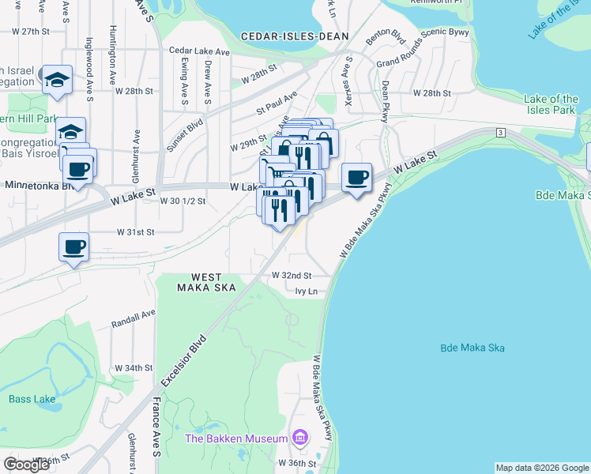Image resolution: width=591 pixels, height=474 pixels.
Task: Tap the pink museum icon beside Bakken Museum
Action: [299, 437]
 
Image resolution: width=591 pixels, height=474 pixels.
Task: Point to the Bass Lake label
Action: [32, 399]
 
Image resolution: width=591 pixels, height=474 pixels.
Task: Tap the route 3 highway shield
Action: [500, 132]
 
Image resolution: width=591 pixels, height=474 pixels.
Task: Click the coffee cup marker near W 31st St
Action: [74, 246]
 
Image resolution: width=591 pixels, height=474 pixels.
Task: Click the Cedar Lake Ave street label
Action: [199, 51]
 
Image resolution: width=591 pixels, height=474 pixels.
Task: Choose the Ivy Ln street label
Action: [306, 292]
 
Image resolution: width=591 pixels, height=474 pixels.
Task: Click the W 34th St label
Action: [133, 368]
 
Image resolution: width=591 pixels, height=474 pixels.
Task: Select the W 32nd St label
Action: [292, 276]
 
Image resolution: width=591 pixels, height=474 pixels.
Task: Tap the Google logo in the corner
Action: [27, 465]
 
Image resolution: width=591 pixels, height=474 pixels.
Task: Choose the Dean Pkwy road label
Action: [386, 101]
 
